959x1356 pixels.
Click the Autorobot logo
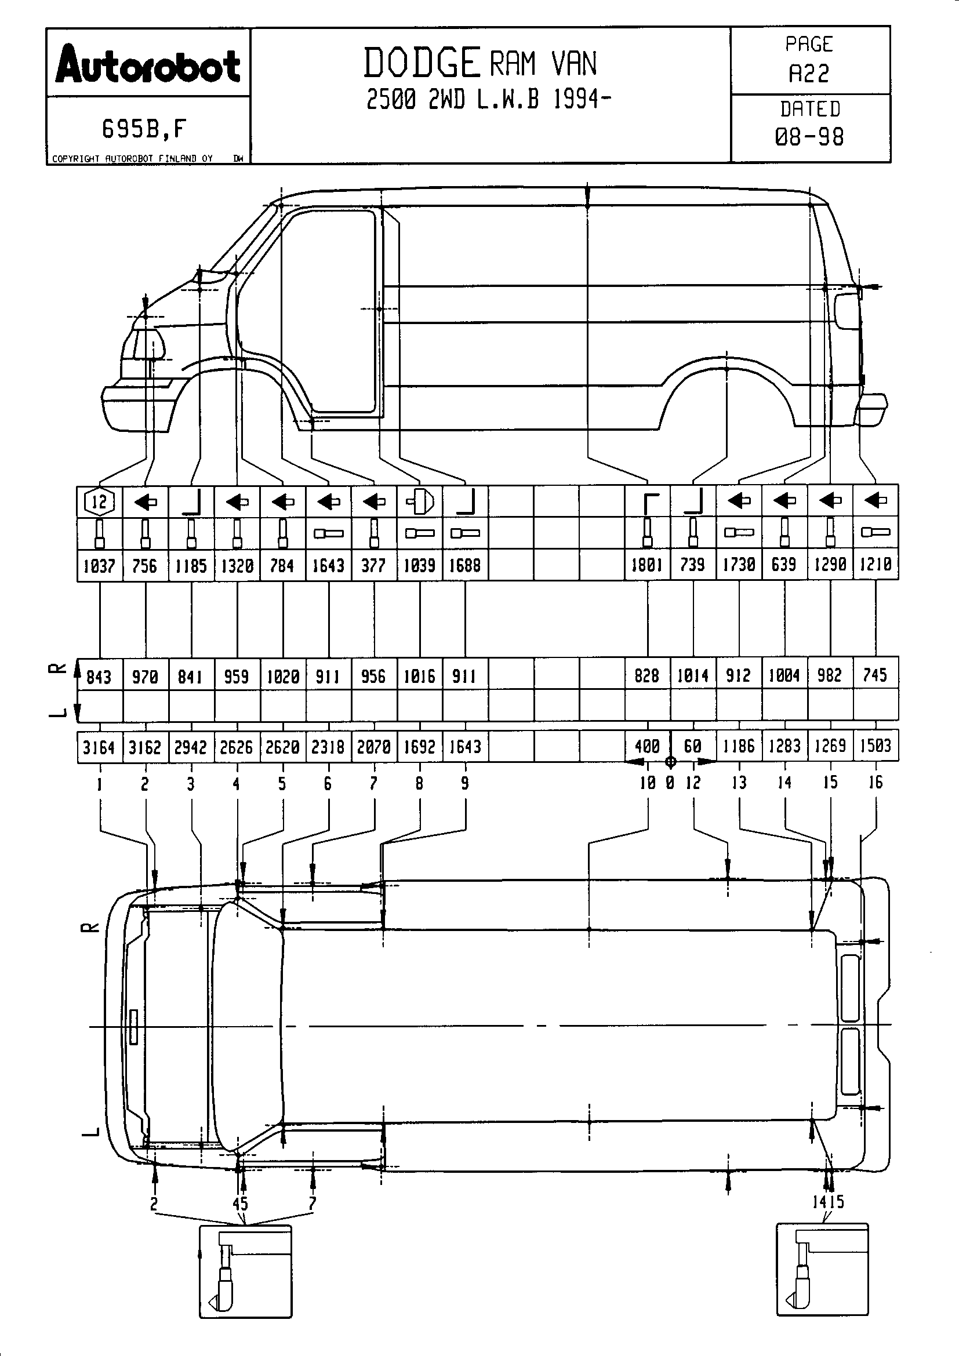(148, 65)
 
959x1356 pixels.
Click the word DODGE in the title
(421, 64)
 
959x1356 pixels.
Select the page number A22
(809, 73)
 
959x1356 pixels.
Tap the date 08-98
(809, 137)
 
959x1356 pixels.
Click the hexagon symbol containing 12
(99, 502)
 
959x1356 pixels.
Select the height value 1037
(99, 566)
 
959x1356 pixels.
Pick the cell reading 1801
(647, 565)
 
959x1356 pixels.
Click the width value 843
(99, 675)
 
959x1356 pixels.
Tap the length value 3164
(99, 747)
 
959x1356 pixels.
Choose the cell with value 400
(647, 747)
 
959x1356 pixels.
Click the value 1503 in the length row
(875, 746)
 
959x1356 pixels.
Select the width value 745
(875, 674)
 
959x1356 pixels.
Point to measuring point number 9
(466, 783)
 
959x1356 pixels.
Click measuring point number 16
(875, 783)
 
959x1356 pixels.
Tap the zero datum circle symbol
(670, 762)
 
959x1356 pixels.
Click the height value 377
(373, 565)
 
